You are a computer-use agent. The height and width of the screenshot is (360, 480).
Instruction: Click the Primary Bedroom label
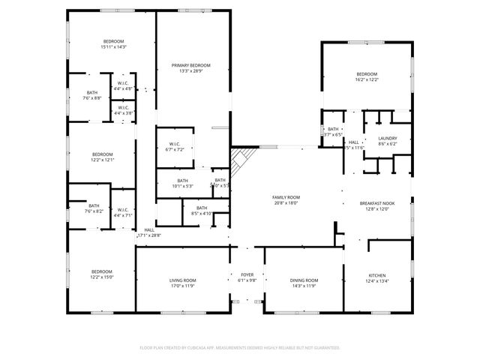pyautogui.click(x=190, y=65)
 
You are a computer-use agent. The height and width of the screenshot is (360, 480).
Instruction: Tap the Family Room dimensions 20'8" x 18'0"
pyautogui.click(x=286, y=202)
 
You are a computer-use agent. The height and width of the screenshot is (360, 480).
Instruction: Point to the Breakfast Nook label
pyautogui.click(x=377, y=203)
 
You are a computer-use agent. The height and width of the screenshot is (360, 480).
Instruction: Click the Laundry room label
pyautogui.click(x=387, y=138)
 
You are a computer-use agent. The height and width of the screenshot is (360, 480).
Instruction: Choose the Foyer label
pyautogui.click(x=247, y=275)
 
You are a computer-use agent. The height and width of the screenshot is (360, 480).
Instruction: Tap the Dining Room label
pyautogui.click(x=303, y=280)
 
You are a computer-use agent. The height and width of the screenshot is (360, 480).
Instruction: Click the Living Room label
pyautogui.click(x=182, y=280)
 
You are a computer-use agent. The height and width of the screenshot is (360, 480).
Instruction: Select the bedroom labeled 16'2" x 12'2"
pyautogui.click(x=367, y=74)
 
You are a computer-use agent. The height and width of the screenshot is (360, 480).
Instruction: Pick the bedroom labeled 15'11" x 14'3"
pyautogui.click(x=114, y=41)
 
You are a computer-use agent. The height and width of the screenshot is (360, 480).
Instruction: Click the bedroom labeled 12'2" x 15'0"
pyautogui.click(x=102, y=271)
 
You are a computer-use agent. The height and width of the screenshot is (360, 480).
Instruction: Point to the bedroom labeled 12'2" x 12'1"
pyautogui.click(x=102, y=154)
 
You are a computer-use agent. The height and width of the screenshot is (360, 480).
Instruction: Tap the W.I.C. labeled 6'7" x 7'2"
pyautogui.click(x=175, y=144)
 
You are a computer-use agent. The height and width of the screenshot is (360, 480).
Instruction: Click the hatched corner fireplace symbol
pyautogui.click(x=241, y=160)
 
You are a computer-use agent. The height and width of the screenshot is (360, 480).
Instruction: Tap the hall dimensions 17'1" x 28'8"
pyautogui.click(x=148, y=235)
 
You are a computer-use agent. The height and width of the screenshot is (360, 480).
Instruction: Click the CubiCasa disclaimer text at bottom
pyautogui.click(x=240, y=348)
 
